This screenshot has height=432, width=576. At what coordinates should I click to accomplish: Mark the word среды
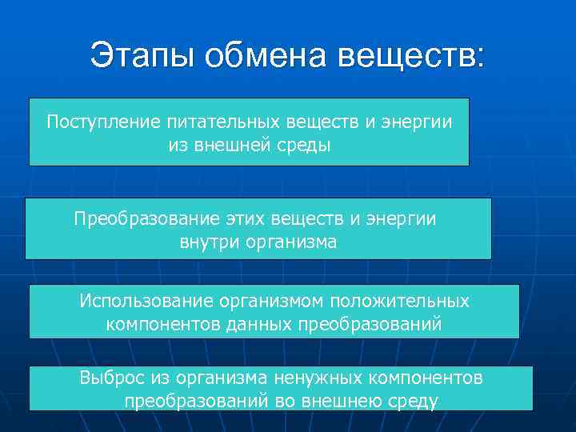click(300, 145)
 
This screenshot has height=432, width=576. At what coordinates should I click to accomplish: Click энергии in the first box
click(414, 122)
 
